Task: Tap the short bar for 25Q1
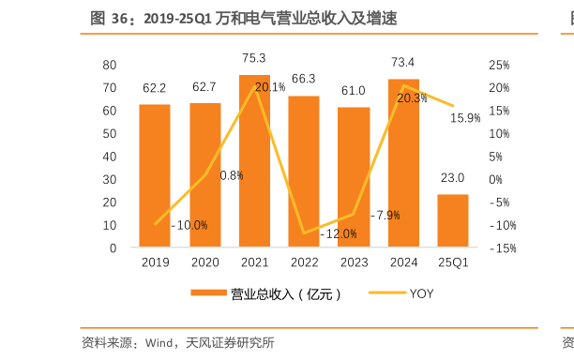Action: (453, 221)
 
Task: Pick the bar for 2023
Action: (354, 178)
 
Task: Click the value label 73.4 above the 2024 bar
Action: (403, 63)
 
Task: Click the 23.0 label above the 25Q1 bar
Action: (453, 178)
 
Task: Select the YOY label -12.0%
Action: (339, 233)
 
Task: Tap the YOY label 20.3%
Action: (413, 97)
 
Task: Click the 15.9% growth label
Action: (465, 118)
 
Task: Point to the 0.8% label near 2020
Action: (232, 175)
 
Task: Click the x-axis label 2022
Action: (304, 263)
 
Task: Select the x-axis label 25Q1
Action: (453, 263)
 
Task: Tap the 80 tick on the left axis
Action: (109, 65)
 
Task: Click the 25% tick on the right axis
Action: (499, 65)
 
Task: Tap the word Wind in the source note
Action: (159, 342)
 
